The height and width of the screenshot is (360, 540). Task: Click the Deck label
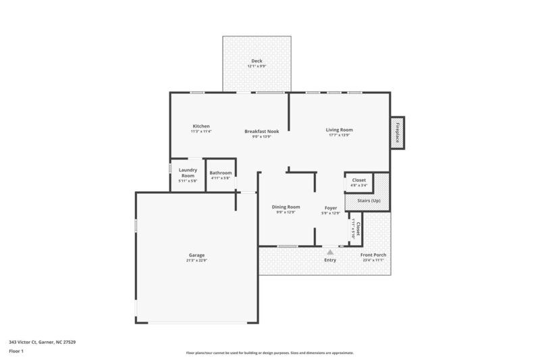[x=256, y=61]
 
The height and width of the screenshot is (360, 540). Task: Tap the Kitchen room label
[x=201, y=126]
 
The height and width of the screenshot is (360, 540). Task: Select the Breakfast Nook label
[x=261, y=131]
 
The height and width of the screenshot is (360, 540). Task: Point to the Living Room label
[x=340, y=130]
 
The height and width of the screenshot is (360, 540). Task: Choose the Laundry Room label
[x=187, y=173]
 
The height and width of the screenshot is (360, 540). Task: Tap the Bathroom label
[x=220, y=173]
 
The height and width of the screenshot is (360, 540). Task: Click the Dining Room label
[x=286, y=207]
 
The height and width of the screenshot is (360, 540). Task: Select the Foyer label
[x=331, y=207]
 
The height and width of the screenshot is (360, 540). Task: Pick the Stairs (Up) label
[x=368, y=201]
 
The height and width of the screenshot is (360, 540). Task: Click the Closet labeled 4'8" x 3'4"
[x=359, y=180]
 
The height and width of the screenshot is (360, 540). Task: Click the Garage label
[x=196, y=255]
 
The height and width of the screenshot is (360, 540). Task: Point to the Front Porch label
[x=373, y=255]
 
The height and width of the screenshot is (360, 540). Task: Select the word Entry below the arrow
[x=330, y=260]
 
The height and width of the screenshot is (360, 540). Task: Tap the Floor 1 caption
[x=16, y=351]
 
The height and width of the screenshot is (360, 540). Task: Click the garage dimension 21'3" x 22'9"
[x=196, y=260]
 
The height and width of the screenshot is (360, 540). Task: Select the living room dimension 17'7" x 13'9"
[x=340, y=134]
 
